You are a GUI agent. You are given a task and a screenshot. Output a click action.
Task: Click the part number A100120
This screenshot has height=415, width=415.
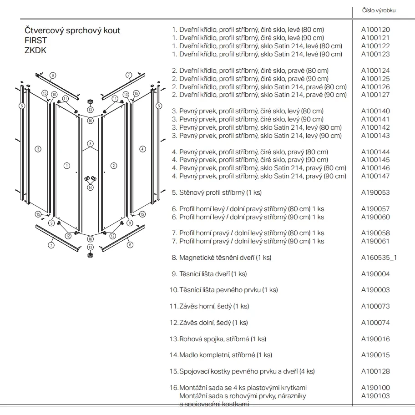click(375, 30)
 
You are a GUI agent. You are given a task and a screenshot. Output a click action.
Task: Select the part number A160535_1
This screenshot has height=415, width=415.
click(379, 258)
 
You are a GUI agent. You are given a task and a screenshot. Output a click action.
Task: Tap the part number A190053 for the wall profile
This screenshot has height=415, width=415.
click(375, 192)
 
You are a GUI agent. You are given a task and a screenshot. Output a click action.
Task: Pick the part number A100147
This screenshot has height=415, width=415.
click(375, 176)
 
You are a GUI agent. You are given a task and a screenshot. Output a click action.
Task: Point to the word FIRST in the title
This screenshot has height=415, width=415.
click(35, 40)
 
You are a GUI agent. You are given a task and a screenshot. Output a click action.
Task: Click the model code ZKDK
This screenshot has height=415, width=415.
click(35, 51)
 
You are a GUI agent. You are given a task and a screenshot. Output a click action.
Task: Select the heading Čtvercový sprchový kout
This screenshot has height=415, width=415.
click(72, 30)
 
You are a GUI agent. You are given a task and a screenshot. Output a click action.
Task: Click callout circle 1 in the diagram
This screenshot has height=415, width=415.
click(67, 166)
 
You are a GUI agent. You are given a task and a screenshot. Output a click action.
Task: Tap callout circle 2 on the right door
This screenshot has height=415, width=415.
click(114, 166)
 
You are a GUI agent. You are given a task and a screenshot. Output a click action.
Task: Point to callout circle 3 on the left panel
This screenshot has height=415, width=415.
click(38, 148)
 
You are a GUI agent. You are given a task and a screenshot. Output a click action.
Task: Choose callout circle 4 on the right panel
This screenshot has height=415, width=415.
click(142, 148)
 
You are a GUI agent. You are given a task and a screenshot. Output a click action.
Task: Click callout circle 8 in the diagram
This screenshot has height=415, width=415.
click(90, 144)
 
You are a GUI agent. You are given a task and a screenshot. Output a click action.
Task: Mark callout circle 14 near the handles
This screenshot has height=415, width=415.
click(90, 187)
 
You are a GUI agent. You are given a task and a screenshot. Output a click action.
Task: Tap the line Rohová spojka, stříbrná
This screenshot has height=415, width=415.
click(219, 339)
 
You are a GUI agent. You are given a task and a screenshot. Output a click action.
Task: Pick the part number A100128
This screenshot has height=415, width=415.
click(375, 371)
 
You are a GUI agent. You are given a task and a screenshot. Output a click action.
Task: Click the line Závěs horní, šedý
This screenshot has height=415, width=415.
click(210, 306)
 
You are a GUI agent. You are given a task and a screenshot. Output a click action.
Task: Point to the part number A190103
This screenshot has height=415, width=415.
click(375, 396)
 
